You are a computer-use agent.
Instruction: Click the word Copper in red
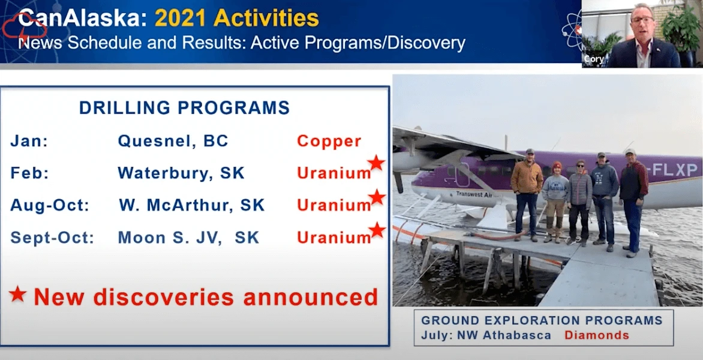[329, 141]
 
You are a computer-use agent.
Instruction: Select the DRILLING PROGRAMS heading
[184, 108]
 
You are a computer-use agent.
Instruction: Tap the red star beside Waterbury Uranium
[376, 163]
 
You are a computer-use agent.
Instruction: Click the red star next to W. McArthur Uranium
[377, 197]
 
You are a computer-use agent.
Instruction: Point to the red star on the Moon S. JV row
[377, 230]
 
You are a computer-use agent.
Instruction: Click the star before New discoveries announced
[18, 294]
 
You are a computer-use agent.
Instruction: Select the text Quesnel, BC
[173, 141]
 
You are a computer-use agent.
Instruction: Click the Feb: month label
[29, 173]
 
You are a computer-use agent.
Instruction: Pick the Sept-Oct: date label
[52, 238]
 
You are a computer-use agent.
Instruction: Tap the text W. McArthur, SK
[191, 205]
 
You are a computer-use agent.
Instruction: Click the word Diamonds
[596, 335]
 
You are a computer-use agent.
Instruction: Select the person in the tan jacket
[527, 193]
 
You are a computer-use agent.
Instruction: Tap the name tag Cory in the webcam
[593, 59]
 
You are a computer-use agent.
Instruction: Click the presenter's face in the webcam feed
[642, 22]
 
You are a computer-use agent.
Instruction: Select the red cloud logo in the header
[24, 26]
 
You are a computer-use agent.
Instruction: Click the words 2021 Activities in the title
[236, 19]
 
